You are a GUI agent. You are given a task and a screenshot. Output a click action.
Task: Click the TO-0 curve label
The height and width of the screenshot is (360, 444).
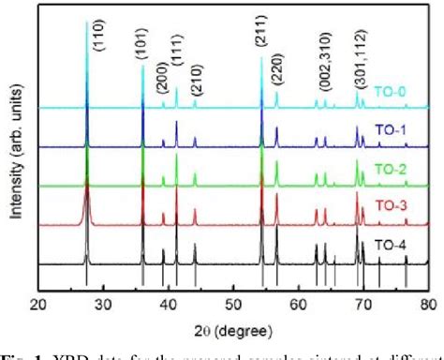click(x=392, y=95)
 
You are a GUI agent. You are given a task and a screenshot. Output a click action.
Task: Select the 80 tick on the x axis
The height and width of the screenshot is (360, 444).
click(x=428, y=304)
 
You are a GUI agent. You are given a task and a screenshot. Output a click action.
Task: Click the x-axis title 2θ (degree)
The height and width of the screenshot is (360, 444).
click(x=234, y=323)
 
